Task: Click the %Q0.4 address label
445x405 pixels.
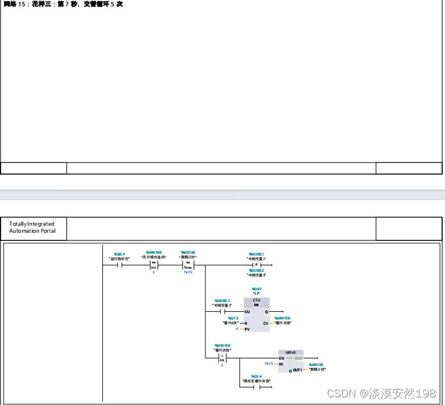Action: coord(120,254)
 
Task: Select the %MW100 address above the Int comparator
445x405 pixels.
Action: coord(154,253)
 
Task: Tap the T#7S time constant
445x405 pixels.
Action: coord(188,272)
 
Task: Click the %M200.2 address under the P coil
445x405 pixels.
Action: coord(256,271)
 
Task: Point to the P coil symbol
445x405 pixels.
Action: coord(256,265)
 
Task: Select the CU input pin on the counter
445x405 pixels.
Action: coord(247,312)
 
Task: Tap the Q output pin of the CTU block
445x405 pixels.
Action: coord(266,312)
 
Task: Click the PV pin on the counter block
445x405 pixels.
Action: coord(247,329)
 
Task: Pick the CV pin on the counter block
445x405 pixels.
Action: coord(265,323)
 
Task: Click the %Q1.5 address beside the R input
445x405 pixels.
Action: coord(233,318)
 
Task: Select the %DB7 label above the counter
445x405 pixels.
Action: coord(256,289)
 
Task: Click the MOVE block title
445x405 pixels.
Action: coord(290,352)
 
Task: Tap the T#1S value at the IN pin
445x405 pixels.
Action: coord(269,363)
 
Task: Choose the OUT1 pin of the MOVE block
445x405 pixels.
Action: coord(297,370)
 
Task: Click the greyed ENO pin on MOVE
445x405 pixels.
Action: coord(298,358)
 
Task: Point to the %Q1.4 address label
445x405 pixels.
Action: coord(257,376)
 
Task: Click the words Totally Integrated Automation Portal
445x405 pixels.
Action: coord(32,228)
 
